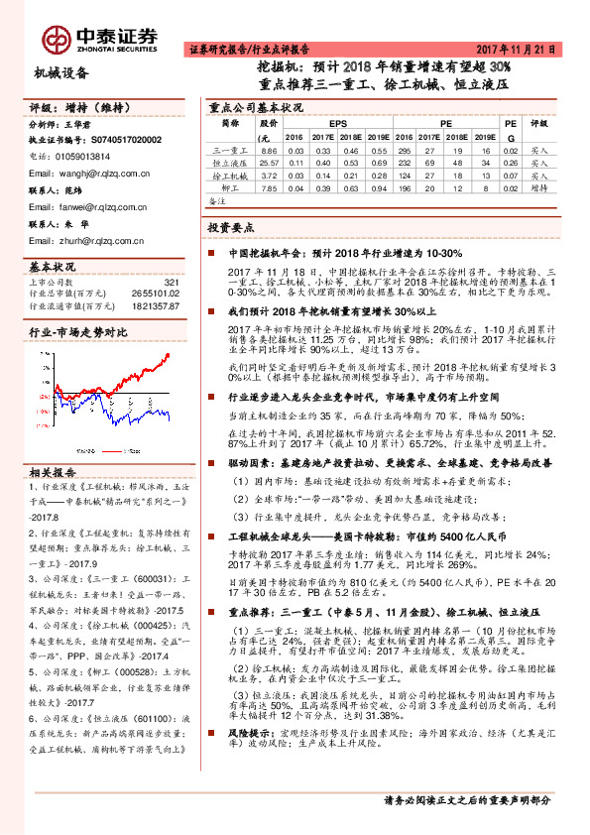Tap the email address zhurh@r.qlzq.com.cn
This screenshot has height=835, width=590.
(83, 240)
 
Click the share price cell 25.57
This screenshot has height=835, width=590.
(269, 162)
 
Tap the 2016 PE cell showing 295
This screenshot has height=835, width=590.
(405, 150)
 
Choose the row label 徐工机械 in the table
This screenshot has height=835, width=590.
(231, 175)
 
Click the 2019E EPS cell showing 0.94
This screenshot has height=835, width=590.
(378, 186)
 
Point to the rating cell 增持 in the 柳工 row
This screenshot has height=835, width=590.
(539, 186)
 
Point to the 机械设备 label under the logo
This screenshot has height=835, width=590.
(61, 72)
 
